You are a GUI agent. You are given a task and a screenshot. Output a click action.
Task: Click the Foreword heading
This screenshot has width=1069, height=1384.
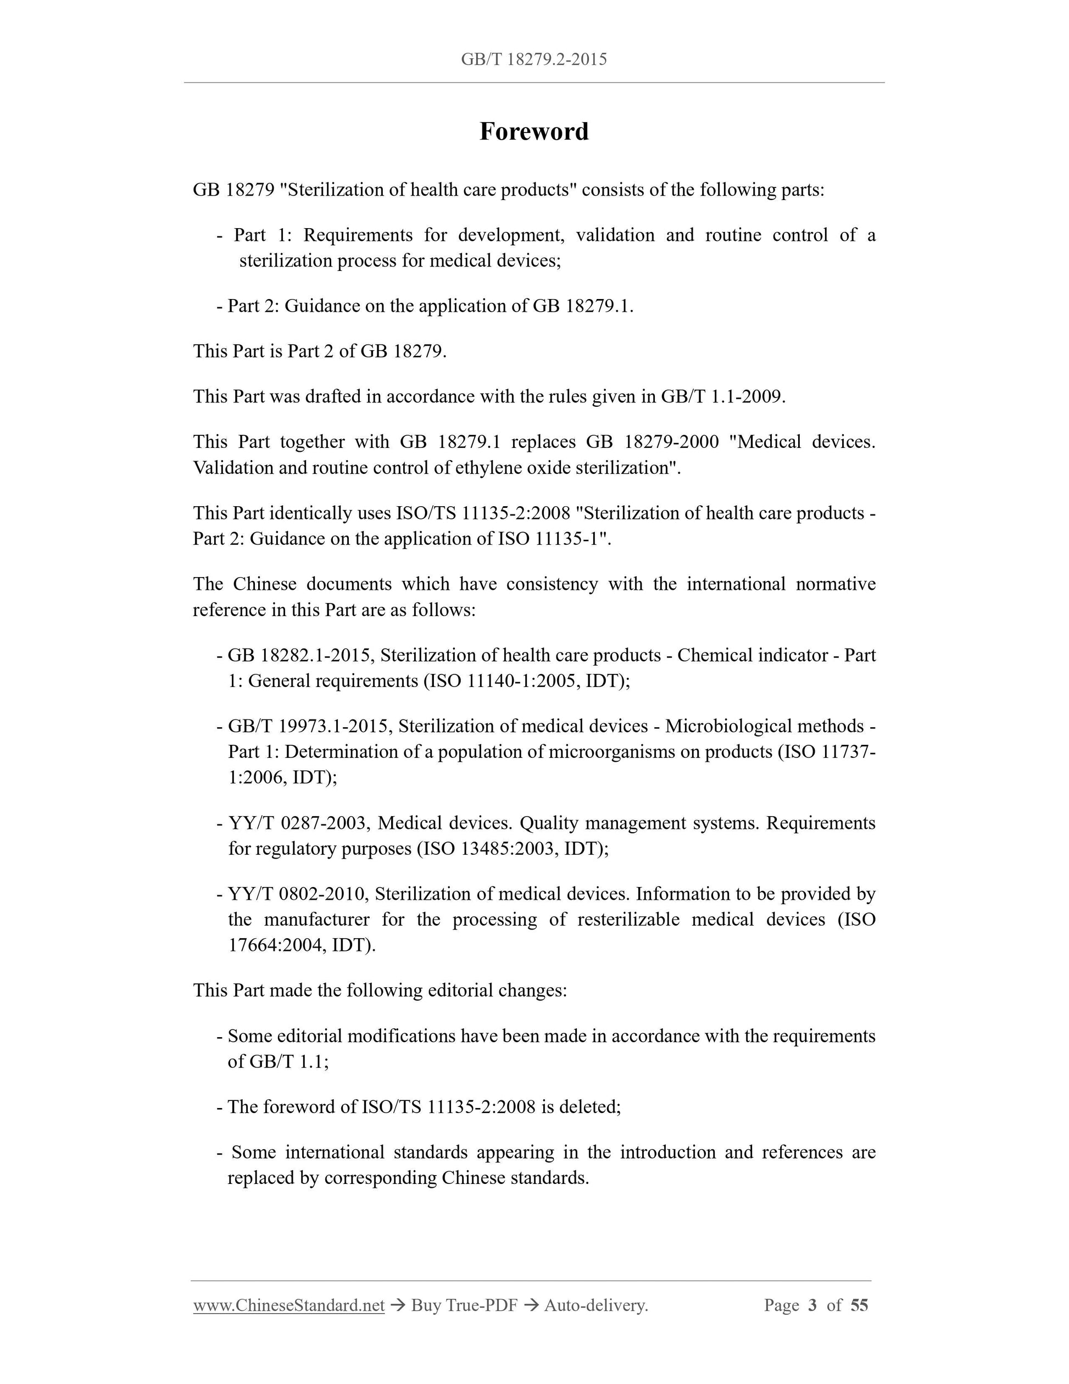(534, 132)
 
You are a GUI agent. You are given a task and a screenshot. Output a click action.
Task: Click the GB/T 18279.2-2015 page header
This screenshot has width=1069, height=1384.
(534, 59)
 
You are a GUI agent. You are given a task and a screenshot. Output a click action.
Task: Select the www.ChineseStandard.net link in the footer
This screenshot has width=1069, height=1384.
(289, 1305)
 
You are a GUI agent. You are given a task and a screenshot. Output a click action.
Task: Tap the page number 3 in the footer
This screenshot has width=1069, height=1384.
(812, 1305)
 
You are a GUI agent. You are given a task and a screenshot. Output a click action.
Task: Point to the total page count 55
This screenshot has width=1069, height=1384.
(859, 1305)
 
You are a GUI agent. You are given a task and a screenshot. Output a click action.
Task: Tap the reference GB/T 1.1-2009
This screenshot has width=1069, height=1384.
(722, 397)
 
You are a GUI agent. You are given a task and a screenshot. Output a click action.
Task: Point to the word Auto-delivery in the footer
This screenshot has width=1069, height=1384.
(596, 1305)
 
